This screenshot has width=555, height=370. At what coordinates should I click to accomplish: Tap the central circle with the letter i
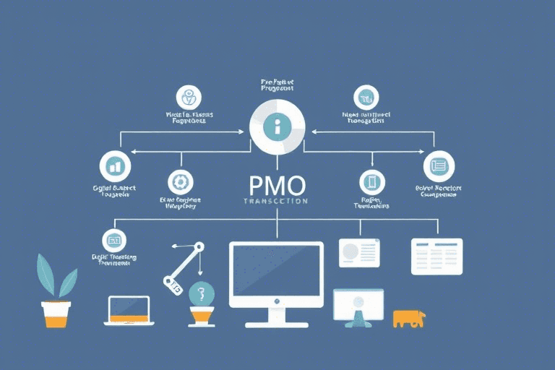point(277,128)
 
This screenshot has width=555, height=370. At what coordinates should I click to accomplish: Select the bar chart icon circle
point(115,166)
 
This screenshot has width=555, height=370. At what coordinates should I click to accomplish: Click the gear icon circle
point(181,182)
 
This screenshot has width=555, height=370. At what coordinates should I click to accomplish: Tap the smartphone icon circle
point(371,182)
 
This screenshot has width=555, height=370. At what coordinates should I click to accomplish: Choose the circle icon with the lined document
point(438,165)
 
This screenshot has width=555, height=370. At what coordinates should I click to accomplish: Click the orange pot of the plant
point(56,314)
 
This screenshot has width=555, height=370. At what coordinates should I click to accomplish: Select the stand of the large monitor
point(277,316)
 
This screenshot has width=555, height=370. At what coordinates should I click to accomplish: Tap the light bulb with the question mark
point(202,296)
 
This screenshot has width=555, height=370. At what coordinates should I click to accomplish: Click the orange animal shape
point(408,318)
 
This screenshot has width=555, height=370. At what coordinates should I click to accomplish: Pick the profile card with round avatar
point(359,252)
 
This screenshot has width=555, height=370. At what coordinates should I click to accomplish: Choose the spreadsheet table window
point(436,256)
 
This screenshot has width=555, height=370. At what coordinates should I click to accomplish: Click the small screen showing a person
point(358,304)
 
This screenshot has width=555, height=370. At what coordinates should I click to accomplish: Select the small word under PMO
point(275,201)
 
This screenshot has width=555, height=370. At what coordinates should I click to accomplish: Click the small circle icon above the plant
point(114,238)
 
